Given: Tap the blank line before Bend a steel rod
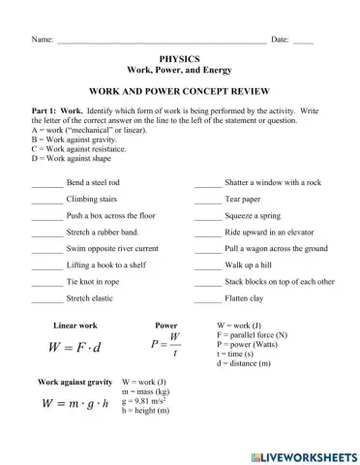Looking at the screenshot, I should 46,183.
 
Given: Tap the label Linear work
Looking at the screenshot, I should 75,325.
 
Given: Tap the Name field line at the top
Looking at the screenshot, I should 160,41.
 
